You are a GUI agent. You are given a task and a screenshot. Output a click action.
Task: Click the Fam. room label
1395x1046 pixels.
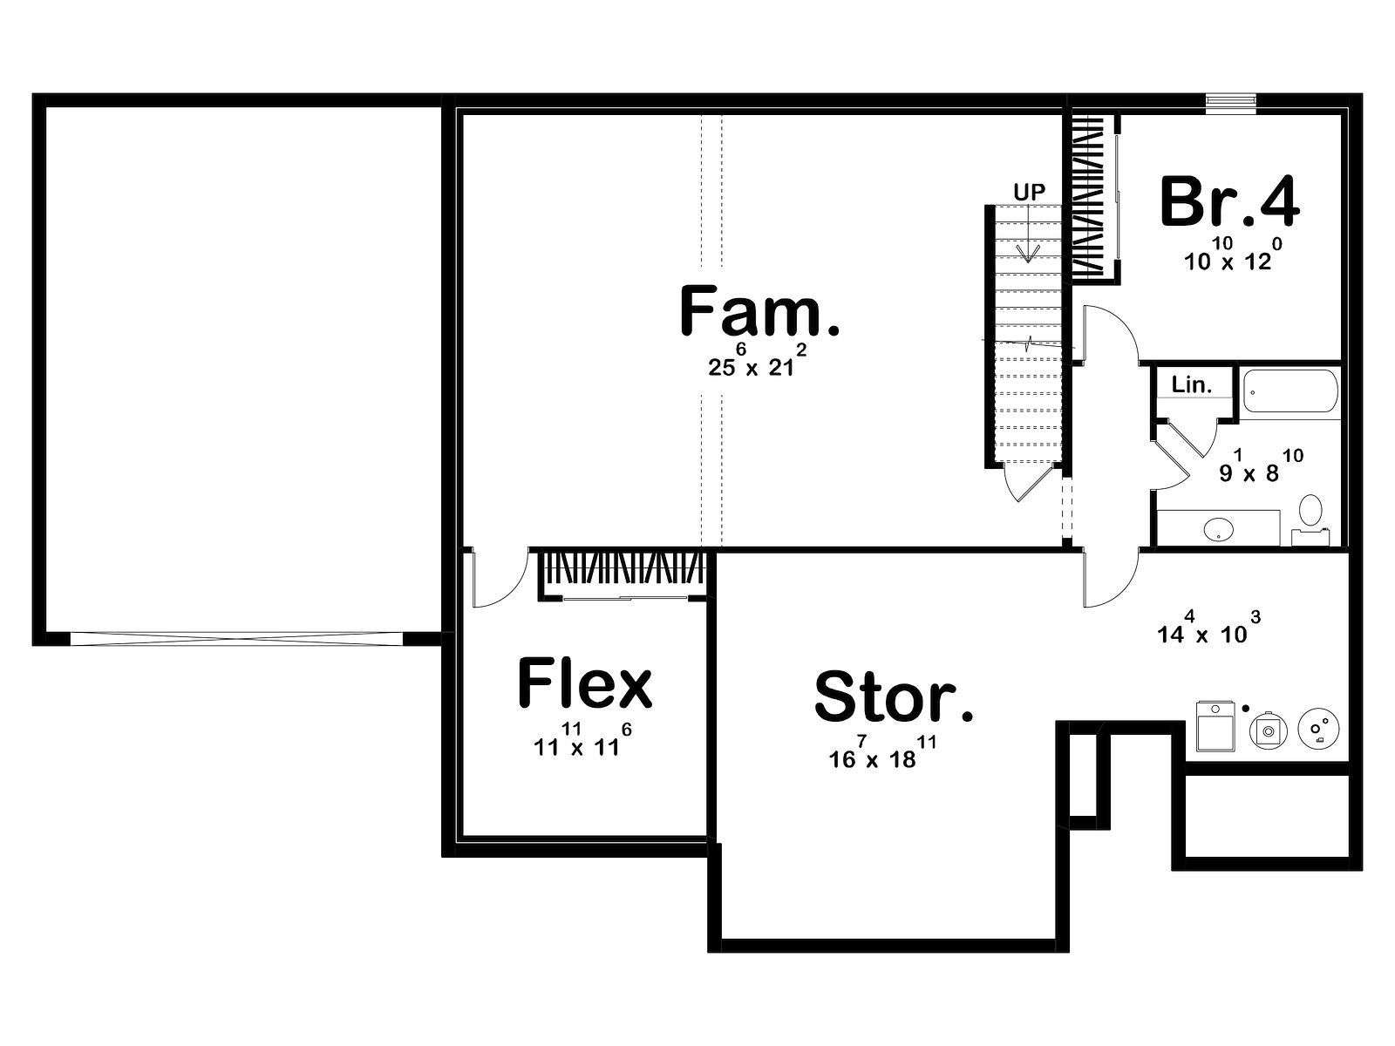pos(759,311)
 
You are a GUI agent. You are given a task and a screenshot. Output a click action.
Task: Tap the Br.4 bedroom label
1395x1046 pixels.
pos(1229,202)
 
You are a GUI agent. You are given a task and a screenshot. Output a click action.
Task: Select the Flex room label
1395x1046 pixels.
pos(585,683)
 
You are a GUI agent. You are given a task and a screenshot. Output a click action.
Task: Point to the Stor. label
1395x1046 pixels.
pos(894,698)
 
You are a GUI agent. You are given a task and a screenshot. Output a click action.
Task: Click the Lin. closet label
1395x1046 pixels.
pos(1192,385)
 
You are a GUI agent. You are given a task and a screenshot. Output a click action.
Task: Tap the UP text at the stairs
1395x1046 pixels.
pos(1029,193)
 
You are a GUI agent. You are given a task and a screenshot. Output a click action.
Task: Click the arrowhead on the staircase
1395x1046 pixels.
pos(1028,254)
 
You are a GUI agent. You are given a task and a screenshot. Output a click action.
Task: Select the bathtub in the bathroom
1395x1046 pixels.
pos(1290,392)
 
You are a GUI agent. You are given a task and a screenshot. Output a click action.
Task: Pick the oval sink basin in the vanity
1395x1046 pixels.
pos(1218,528)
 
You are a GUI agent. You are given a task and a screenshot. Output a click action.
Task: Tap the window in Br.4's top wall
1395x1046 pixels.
pos(1231,104)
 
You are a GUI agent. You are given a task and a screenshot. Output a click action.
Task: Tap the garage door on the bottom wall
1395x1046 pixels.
pos(236,638)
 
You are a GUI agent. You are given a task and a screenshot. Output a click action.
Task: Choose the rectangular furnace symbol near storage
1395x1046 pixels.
pos(1215,726)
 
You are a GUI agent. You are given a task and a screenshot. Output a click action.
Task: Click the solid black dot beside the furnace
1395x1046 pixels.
pos(1246,708)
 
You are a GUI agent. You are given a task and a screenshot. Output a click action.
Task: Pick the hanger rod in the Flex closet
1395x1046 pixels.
pos(625,598)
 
